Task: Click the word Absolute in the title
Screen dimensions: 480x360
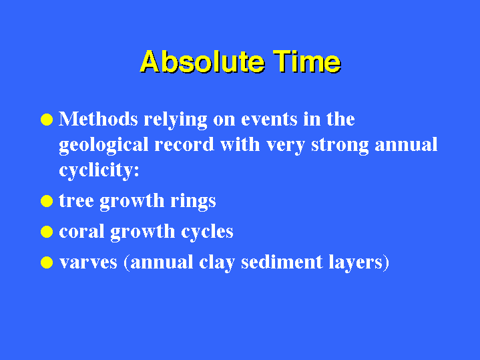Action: pos(202,61)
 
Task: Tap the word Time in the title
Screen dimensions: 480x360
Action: pos(307,61)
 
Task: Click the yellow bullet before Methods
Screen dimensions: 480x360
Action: pos(47,120)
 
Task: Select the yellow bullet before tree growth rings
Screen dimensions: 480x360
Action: pos(47,201)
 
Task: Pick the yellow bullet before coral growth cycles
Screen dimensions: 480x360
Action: pos(47,232)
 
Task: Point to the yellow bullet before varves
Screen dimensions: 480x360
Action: pos(47,262)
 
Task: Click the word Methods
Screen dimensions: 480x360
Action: pos(98,119)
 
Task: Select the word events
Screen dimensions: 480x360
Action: pos(269,120)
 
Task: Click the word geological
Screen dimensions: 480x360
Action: pos(103,146)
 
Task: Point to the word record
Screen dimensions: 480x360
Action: pos(184,145)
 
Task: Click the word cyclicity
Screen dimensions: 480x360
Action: pos(97,171)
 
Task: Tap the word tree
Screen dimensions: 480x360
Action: pos(76,201)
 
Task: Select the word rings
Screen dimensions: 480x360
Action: pos(193,202)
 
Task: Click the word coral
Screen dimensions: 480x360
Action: pos(81,231)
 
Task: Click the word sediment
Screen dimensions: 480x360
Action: pos(282,262)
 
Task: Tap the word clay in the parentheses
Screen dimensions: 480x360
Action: pos(217,264)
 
